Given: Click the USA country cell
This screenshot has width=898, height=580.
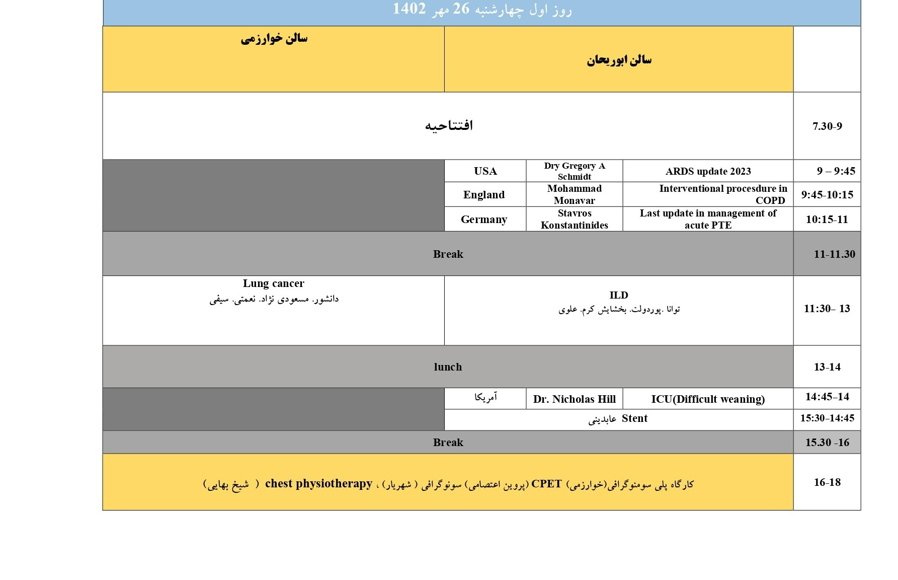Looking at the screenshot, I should (x=485, y=171).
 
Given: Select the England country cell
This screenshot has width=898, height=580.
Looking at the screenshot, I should (x=484, y=195).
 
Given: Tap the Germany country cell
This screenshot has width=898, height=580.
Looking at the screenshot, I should (x=484, y=220).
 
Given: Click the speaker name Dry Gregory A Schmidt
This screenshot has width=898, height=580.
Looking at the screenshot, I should (x=574, y=171).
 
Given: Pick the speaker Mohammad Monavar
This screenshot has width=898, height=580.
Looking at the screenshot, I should (x=574, y=194).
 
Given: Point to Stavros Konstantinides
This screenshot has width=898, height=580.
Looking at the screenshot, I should (x=574, y=219).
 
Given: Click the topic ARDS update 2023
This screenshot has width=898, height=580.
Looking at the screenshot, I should (x=708, y=171).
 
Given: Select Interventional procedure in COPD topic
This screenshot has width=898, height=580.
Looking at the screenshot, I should (x=722, y=194).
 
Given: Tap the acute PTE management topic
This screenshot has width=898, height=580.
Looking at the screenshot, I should (x=708, y=219).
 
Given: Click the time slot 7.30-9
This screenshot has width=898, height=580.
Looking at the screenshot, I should (x=827, y=126).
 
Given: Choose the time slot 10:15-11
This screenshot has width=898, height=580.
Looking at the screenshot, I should (x=827, y=220).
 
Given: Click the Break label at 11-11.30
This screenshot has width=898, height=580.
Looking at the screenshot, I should (x=448, y=254).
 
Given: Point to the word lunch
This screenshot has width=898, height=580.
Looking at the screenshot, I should (x=448, y=367).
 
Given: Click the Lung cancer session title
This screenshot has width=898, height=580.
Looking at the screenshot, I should (x=273, y=283).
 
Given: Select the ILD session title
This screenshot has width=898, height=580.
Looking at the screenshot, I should (x=619, y=295).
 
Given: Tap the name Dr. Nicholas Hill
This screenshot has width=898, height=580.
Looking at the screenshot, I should (x=574, y=399).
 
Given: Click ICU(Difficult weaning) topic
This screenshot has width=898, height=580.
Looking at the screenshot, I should (x=708, y=399).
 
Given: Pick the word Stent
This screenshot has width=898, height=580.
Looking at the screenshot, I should (x=634, y=418).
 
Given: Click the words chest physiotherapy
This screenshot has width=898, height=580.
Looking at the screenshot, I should (x=318, y=484).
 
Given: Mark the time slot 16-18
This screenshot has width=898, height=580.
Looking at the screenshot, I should (x=827, y=482).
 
